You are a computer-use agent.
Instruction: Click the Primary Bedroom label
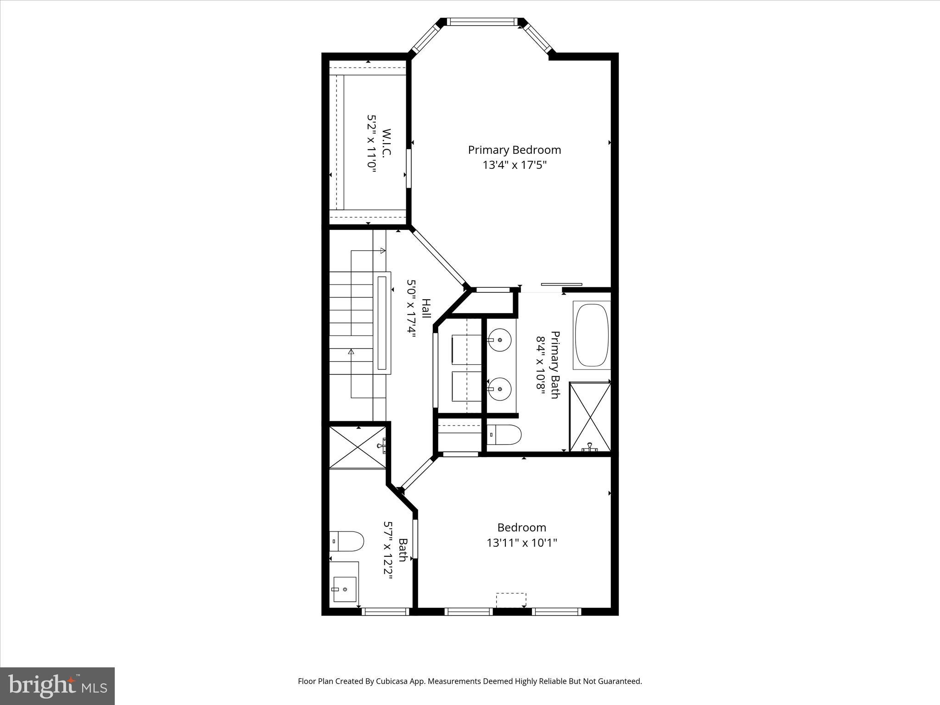[x=514, y=150]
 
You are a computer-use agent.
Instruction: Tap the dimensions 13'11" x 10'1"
[x=521, y=543]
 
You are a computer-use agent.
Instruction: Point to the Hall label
[x=426, y=309]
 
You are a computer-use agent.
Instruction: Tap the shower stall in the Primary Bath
[x=590, y=417]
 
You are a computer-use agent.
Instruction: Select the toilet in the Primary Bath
[x=504, y=434]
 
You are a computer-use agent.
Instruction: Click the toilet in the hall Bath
[x=347, y=541]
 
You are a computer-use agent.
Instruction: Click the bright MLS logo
[x=57, y=686]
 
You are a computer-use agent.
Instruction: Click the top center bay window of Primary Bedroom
[x=481, y=22]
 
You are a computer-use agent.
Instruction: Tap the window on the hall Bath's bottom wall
[x=385, y=611]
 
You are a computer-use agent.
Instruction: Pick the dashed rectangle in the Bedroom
[x=511, y=600]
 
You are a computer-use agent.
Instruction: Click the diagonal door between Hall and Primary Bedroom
[x=438, y=257]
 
